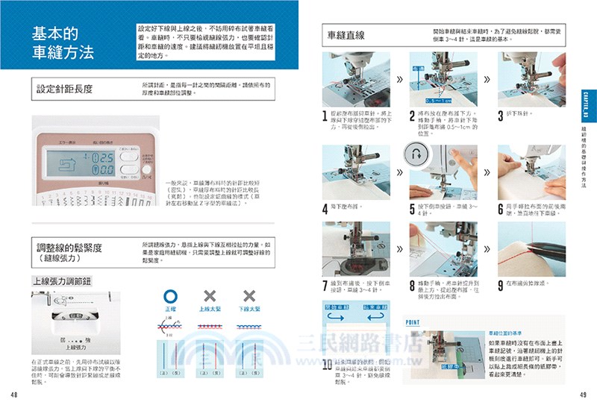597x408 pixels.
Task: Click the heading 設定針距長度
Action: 65,89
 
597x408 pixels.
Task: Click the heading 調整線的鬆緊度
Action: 69,248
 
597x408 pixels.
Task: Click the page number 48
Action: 14,395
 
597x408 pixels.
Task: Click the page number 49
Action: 583,395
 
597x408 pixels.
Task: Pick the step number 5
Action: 413,210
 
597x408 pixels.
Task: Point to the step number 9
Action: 500,286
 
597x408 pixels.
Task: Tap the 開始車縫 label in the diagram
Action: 335,307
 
